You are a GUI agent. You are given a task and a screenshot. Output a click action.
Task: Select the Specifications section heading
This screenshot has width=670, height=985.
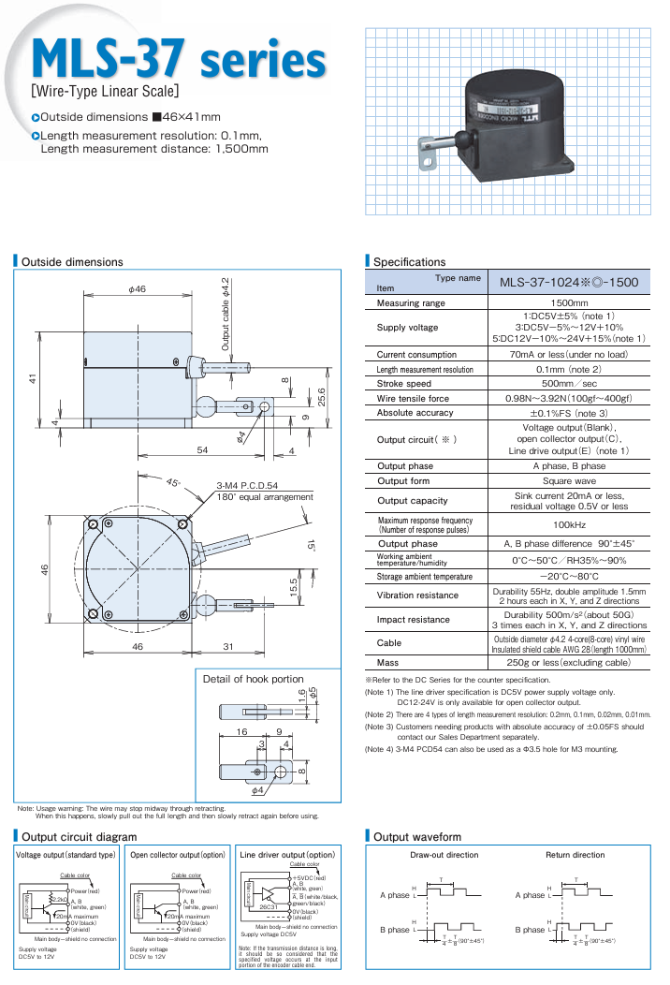[409, 261]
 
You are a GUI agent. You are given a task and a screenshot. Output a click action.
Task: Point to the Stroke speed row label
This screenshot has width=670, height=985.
[404, 384]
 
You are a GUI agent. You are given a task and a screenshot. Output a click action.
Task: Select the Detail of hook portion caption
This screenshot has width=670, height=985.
[253, 679]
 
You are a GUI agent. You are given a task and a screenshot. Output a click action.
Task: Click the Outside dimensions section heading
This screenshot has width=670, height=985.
[71, 261]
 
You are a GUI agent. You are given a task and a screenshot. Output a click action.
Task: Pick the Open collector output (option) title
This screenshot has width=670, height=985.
[178, 855]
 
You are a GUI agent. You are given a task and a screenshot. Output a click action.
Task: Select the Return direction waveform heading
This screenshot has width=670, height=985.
[575, 855]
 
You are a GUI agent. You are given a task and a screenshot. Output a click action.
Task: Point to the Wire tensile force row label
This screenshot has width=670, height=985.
[412, 398]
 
